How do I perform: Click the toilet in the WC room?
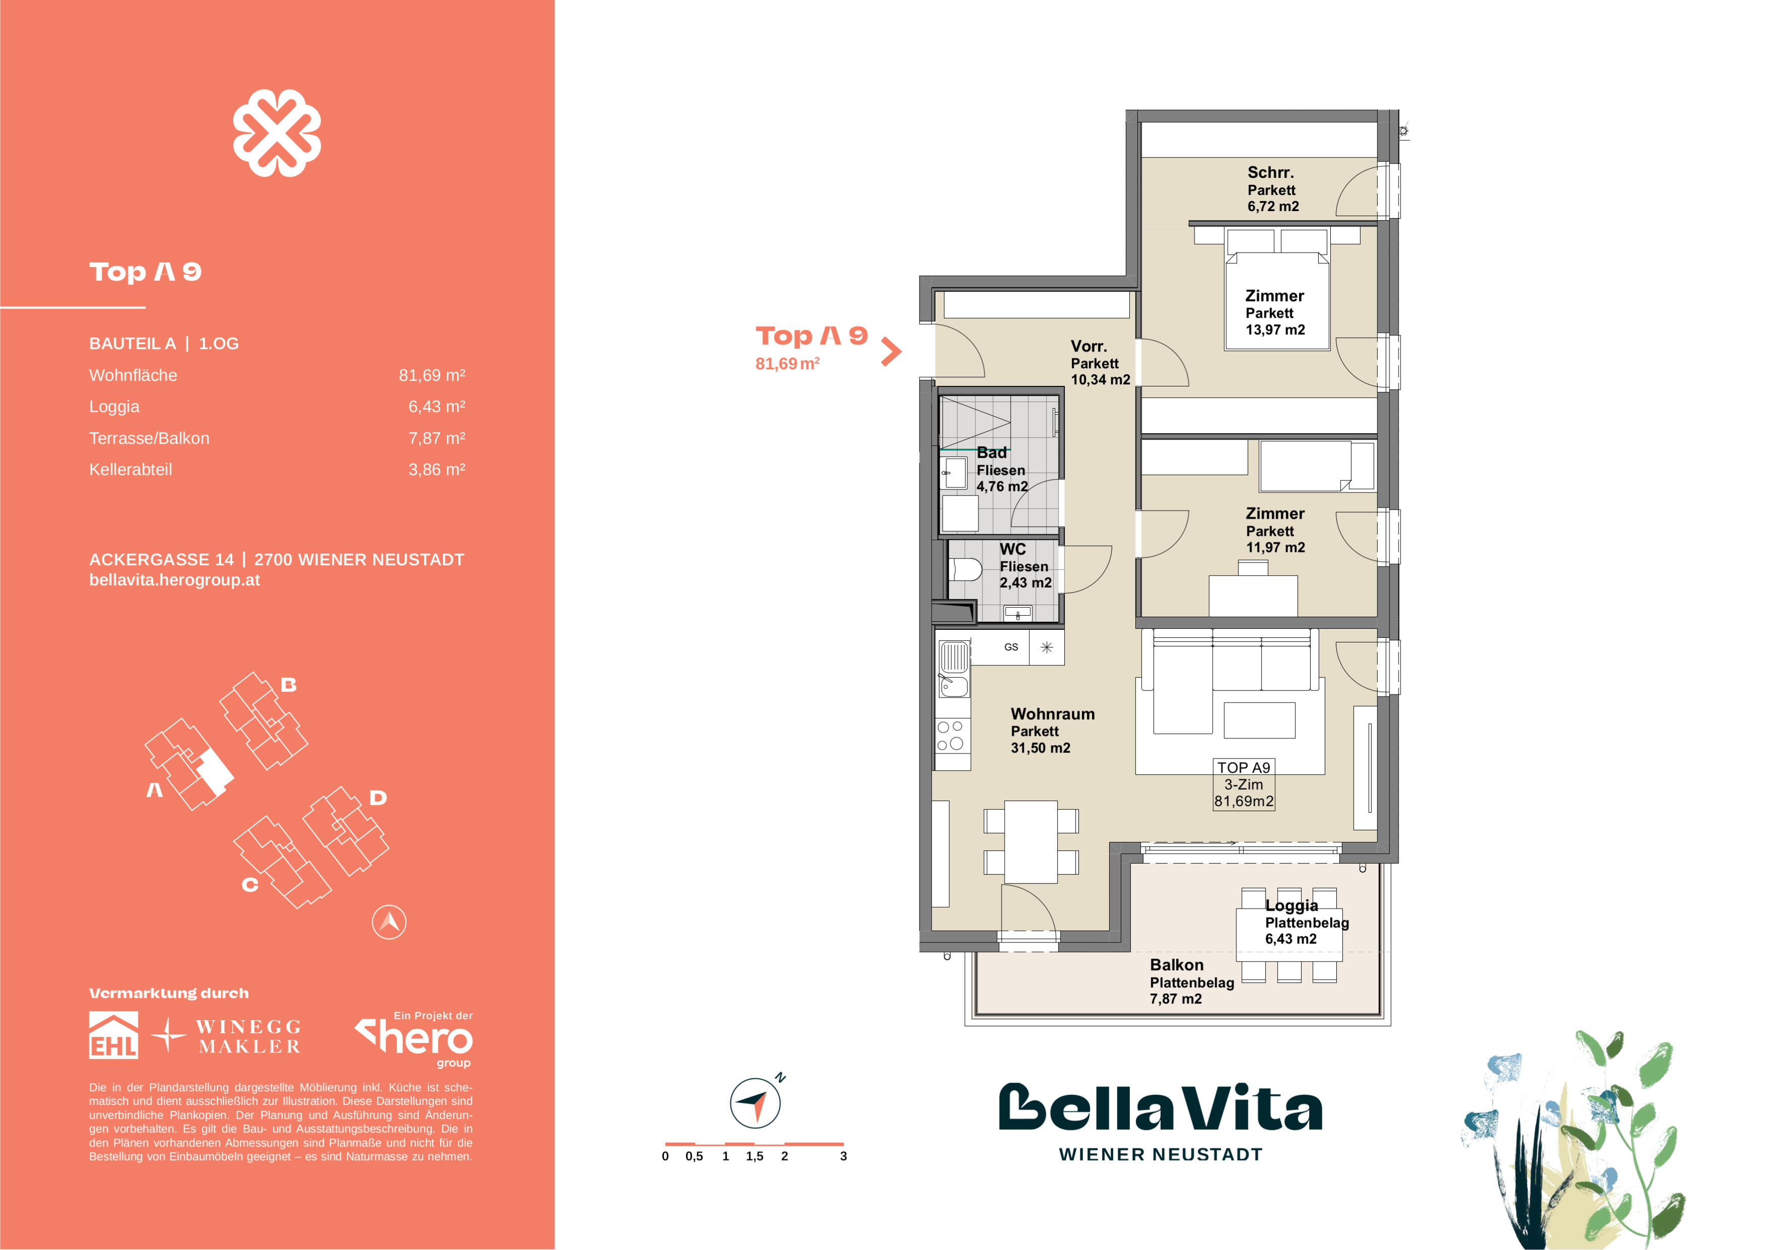pyautogui.click(x=966, y=570)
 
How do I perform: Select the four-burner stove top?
pyautogui.click(x=953, y=735)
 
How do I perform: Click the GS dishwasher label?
pyautogui.click(x=1011, y=647)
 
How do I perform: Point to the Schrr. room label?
pyautogui.click(x=1271, y=172)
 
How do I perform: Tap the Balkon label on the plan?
pyautogui.click(x=1176, y=965)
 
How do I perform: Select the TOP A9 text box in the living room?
pyautogui.click(x=1243, y=784)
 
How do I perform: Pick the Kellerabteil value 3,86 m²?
pyautogui.click(x=436, y=470)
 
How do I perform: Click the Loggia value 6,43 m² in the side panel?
pyautogui.click(x=436, y=407)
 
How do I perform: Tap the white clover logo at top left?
pyautogui.click(x=277, y=133)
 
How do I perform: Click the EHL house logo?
pyautogui.click(x=114, y=1035)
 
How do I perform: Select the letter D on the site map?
pyautogui.click(x=377, y=798)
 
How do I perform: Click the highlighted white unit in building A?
pyautogui.click(x=215, y=772)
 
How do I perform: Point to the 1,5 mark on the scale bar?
pyautogui.click(x=754, y=1156)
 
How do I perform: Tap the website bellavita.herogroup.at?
pyautogui.click(x=175, y=580)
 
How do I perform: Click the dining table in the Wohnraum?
pyautogui.click(x=1030, y=842)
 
